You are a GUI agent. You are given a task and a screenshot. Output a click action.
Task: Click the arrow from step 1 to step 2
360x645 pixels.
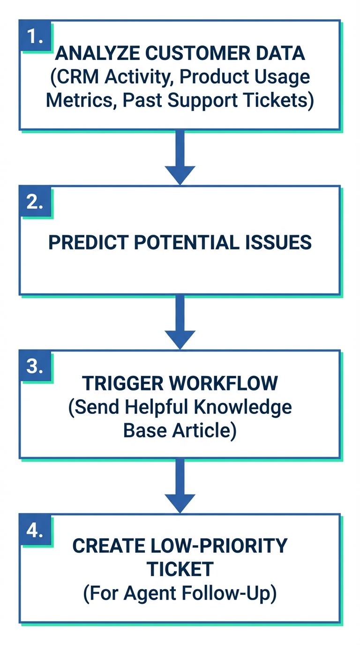click(x=180, y=157)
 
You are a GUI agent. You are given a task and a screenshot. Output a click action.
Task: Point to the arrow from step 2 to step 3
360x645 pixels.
click(x=180, y=322)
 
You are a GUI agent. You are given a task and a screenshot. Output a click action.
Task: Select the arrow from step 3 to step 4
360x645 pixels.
click(x=180, y=486)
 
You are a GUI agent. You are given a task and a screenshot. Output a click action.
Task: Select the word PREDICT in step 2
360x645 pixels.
click(x=83, y=242)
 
